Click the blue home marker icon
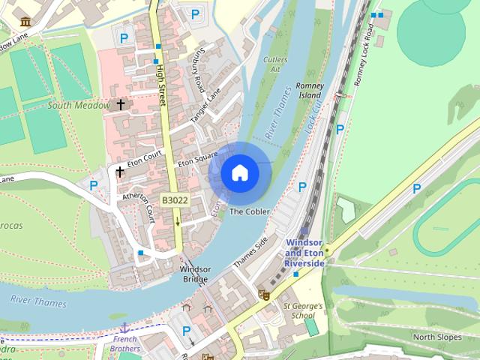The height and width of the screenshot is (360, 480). [x=239, y=173]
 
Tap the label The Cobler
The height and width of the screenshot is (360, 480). [x=249, y=212]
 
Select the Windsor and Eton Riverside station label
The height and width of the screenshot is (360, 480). [x=304, y=253]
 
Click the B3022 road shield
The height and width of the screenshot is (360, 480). [x=174, y=200]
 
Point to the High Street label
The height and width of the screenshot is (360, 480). [x=160, y=84]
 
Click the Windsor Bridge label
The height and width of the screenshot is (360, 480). [x=195, y=274]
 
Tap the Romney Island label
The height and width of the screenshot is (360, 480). [x=309, y=91]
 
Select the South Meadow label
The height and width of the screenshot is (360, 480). [x=79, y=106]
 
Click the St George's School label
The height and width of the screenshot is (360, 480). [x=302, y=310]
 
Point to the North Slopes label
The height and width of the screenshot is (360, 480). [x=437, y=337]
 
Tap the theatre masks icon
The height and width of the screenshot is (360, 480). [x=263, y=295]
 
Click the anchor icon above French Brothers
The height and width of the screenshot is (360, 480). [x=124, y=327]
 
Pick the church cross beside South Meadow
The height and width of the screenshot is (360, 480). [x=120, y=104]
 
